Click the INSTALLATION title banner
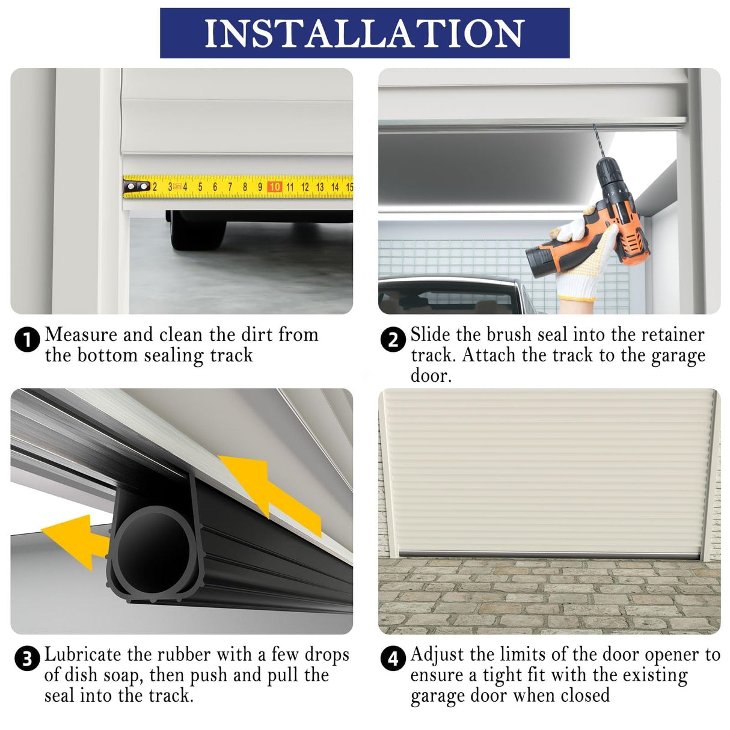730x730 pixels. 364,33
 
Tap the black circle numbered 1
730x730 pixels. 26,340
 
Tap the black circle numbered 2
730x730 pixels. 393,340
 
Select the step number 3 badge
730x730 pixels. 26,659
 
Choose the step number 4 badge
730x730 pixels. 393,659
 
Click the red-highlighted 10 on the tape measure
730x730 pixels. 275,187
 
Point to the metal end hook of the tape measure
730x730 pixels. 136,187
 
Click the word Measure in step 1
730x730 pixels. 81,334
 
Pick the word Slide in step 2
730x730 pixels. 431,334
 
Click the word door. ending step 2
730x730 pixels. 431,376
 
